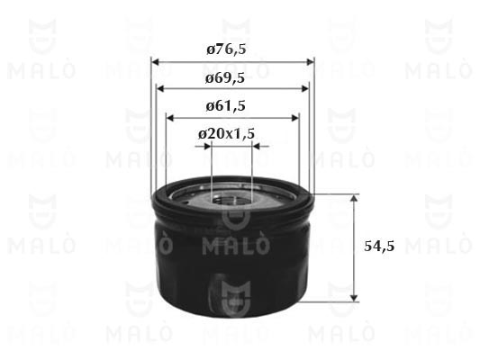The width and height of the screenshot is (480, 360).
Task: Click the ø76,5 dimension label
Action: pos(226,49)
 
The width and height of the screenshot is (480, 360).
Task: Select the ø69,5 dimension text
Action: pos(225,78)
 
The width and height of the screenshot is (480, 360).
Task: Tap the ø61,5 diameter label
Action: pos(226,106)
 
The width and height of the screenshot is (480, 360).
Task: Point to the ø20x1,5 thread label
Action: pos(227,134)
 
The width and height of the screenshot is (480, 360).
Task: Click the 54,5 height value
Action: pos(379,246)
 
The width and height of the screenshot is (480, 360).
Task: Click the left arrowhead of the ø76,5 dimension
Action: pos(156,62)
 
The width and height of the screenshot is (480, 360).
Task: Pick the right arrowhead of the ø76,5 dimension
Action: pos(311,62)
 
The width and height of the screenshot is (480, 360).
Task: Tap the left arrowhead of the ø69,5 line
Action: pos(160,89)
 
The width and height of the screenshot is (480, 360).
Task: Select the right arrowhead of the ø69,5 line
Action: pos(305,89)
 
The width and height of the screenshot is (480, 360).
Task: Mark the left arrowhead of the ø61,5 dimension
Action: pos(170,118)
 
